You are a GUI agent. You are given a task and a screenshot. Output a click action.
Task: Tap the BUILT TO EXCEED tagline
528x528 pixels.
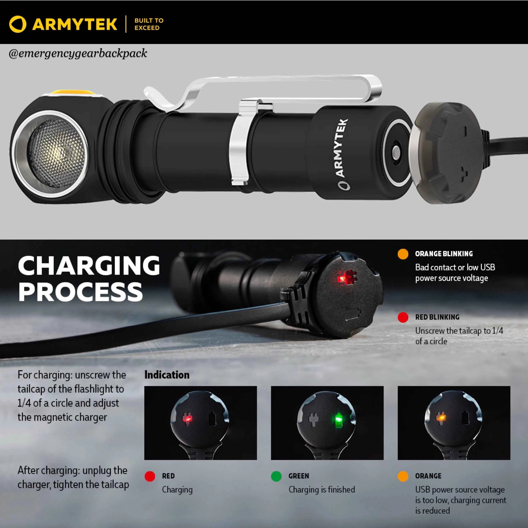[x=149, y=24]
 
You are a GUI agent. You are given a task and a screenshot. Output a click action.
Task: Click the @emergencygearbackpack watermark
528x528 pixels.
[x=78, y=53]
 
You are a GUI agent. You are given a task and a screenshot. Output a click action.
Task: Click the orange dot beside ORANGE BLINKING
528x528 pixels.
[x=403, y=254]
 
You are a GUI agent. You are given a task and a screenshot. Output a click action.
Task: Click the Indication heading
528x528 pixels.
[x=167, y=375]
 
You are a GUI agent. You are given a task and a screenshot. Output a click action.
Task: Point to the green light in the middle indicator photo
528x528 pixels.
[x=338, y=419]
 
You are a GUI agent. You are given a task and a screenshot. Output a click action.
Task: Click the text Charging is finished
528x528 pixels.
[x=322, y=489]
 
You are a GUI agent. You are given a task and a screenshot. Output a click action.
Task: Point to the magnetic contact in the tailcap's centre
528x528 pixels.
[x=396, y=152]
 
